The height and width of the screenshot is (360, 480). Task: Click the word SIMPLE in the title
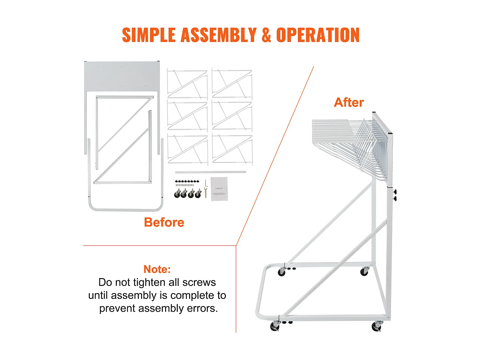(x=149, y=35)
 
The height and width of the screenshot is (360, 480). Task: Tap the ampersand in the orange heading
(x=266, y=35)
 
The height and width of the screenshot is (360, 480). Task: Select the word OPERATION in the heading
(x=318, y=35)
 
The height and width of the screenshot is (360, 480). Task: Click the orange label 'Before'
(x=164, y=222)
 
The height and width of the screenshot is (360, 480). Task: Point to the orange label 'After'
(x=349, y=102)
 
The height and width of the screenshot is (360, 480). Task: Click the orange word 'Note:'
(x=157, y=269)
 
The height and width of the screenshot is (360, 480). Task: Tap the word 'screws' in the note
(x=199, y=282)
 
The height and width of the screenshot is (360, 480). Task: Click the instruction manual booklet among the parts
(x=219, y=189)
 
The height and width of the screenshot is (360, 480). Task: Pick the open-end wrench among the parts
(x=205, y=193)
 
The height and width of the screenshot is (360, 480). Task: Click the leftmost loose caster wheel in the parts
(x=177, y=193)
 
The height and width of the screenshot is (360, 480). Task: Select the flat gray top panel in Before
(x=122, y=76)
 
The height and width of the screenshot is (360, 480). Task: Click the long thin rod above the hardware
(x=210, y=172)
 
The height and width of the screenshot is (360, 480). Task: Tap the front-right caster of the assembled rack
(x=377, y=326)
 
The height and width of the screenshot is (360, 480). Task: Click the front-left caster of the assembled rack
(x=275, y=326)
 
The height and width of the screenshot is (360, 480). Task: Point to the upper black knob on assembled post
(x=395, y=192)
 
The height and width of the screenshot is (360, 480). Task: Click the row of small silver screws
(x=185, y=185)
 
